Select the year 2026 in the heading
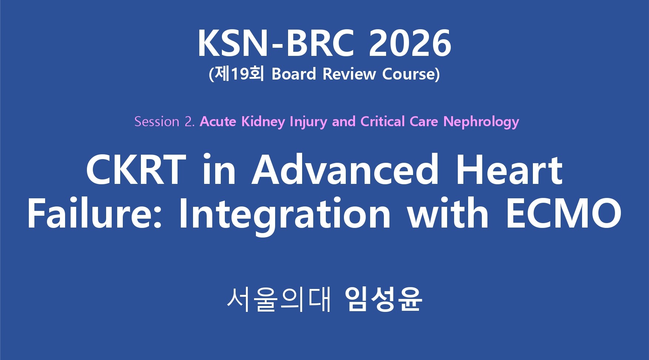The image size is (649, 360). pos(410,43)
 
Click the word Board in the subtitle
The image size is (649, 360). pos(294,74)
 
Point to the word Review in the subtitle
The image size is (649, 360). pos(349,74)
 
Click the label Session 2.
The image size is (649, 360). pos(164,121)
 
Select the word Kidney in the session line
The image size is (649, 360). pos(263,122)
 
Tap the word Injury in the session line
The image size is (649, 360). pos(308,122)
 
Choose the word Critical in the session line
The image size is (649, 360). pos(383,121)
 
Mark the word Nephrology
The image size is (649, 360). pos(481,122)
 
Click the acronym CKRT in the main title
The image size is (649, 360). pos(136,170)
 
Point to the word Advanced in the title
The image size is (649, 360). pos(345,170)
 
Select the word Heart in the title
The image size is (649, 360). pos(509,170)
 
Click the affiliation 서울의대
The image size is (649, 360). pos(278,299)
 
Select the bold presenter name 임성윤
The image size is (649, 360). pos(383,299)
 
